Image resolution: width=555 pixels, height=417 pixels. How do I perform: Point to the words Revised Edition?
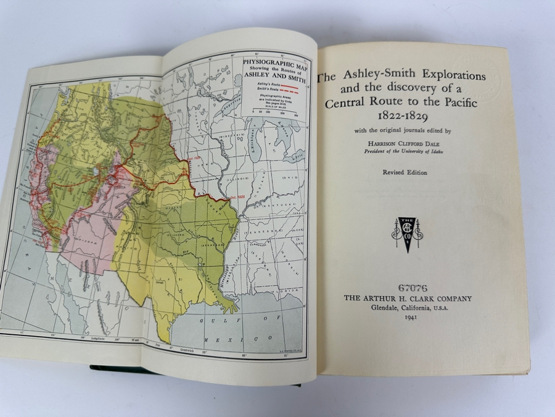pyautogui.click(x=404, y=172)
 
